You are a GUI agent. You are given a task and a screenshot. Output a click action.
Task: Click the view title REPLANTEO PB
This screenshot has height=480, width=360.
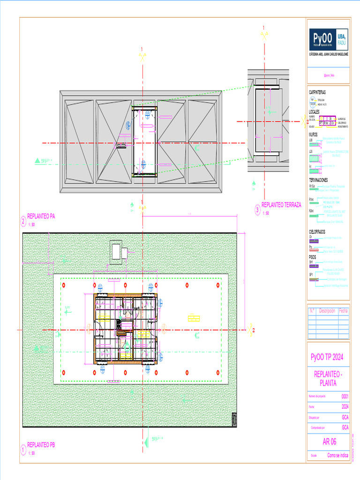coord(41,444)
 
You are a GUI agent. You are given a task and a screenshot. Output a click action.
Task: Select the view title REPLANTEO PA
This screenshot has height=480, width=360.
coord(41,216)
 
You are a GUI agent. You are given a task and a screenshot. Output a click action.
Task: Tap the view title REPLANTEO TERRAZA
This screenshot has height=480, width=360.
coord(281,205)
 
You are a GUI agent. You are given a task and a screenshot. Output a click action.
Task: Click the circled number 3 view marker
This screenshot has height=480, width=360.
coord(257,210)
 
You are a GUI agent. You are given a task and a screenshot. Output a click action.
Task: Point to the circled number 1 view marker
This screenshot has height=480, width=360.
coord(22,450)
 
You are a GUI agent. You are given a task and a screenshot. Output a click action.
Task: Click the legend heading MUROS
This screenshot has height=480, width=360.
coord(313,135)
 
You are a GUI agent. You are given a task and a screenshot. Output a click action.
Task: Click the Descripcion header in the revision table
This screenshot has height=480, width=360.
coord(327,311)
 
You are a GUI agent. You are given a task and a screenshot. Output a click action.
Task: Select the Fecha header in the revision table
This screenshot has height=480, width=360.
coord(344,311)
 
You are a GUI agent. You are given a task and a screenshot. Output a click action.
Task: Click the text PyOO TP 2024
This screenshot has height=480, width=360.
coord(328,358)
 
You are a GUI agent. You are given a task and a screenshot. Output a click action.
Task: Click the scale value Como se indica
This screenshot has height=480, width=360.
coord(337,455)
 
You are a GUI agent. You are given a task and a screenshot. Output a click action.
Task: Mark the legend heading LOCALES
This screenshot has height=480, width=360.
coord(314,112)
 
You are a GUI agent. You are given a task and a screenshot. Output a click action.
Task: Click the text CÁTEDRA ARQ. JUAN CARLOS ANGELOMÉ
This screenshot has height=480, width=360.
coord(328,54)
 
